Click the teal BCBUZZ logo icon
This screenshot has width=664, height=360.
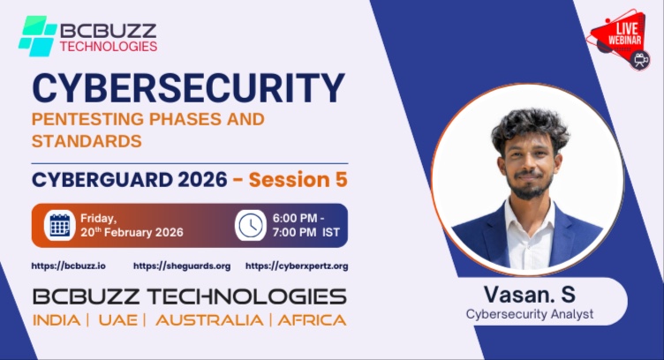pos(38,36)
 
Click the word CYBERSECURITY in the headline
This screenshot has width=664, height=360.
pos(188,88)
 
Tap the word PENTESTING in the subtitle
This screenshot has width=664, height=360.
pos(87,119)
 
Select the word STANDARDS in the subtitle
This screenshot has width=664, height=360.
pos(87,141)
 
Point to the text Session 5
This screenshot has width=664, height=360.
pos(298,179)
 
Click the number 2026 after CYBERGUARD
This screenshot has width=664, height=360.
pos(202,180)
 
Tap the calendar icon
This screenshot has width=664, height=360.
pos(60,226)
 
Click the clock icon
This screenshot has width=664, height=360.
pos(250,226)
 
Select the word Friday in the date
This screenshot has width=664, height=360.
pos(98,219)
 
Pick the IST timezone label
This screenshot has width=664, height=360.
pos(331,232)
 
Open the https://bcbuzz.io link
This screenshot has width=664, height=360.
pos(69,266)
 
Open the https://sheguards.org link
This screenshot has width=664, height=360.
pos(182,266)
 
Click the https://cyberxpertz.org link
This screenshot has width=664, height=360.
pos(297,266)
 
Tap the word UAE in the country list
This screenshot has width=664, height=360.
pos(118,320)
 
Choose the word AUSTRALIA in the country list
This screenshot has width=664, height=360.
pos(209,320)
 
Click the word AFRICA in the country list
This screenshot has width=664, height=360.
pos(312,320)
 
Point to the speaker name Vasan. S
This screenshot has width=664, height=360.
pos(529,295)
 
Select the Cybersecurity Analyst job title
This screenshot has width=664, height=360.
pos(530,314)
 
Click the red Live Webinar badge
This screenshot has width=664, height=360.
pos(618,39)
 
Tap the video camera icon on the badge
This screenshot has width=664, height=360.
pos(639,60)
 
